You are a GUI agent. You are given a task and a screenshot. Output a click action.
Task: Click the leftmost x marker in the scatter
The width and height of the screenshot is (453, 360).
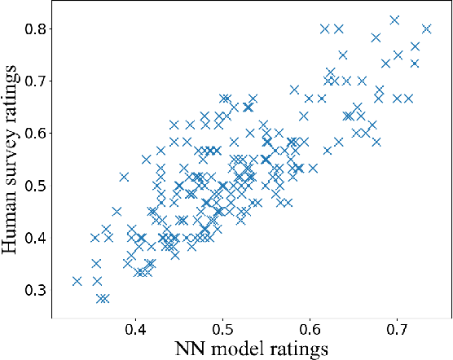77,281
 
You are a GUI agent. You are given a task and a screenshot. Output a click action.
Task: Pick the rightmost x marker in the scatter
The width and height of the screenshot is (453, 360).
426,29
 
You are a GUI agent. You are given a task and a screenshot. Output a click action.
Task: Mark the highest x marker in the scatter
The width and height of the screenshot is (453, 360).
395,20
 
